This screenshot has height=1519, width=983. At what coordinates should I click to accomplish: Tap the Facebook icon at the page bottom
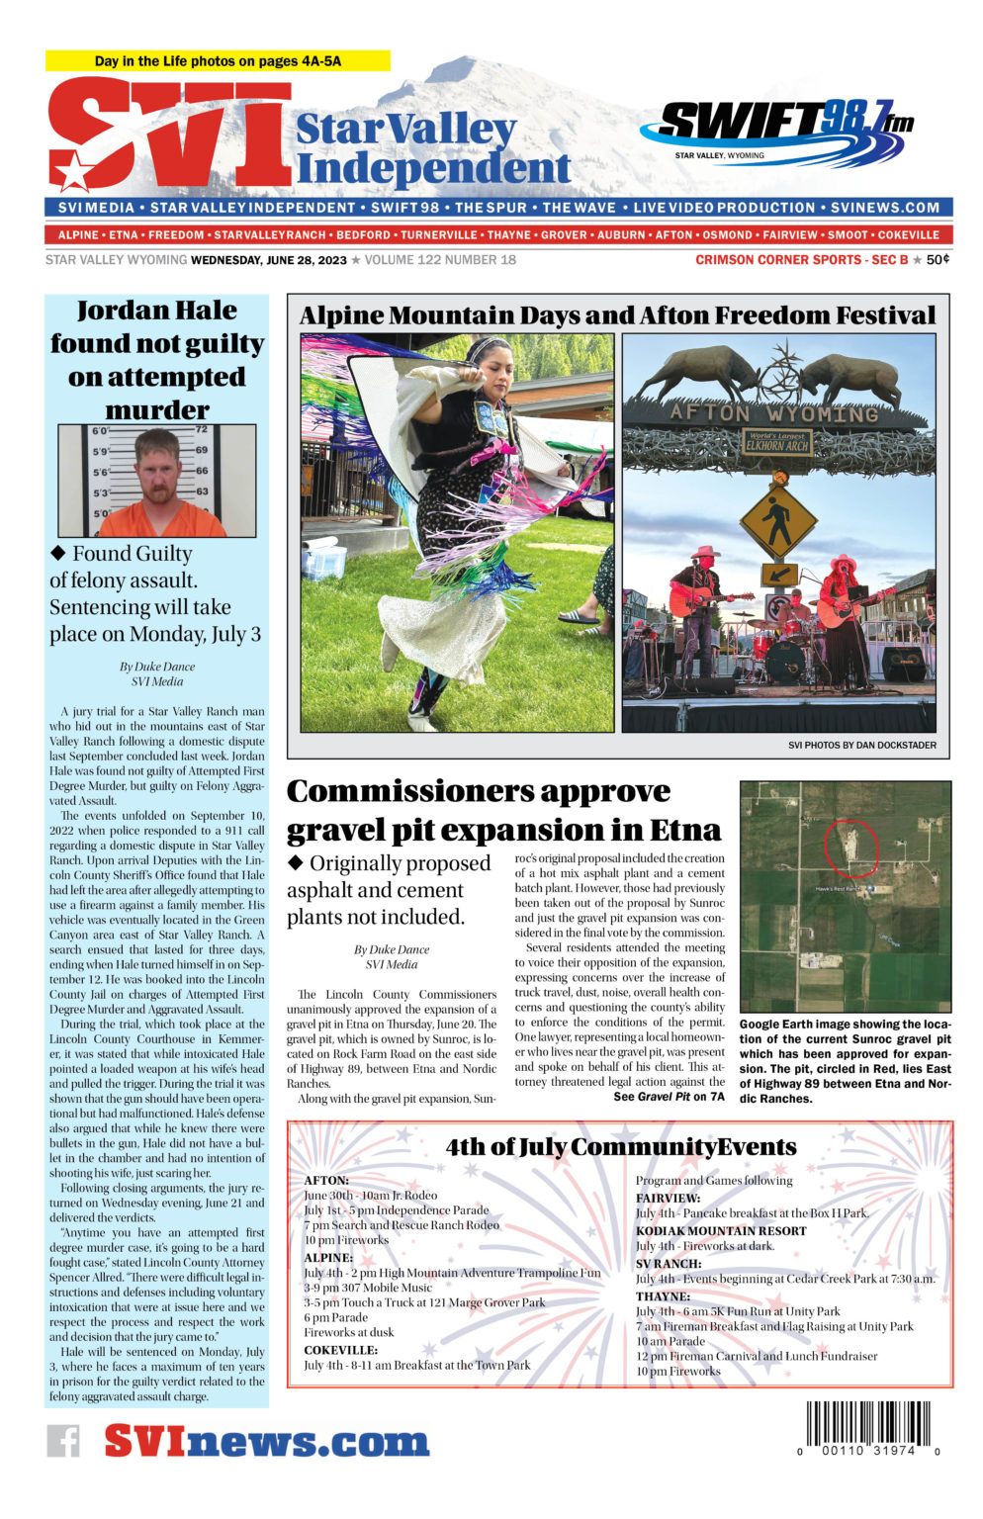click(63, 1440)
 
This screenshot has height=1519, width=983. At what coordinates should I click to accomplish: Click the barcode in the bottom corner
click(867, 1428)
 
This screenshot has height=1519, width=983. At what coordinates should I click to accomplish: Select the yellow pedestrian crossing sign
click(777, 520)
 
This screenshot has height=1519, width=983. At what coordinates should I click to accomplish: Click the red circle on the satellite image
click(850, 847)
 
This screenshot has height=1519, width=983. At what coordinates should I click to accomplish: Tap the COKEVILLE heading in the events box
click(340, 1350)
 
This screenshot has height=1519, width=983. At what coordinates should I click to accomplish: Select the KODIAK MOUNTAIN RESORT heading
click(721, 1231)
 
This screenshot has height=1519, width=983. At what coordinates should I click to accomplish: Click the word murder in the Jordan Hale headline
click(157, 410)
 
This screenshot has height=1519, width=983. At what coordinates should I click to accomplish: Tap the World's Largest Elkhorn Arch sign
click(776, 441)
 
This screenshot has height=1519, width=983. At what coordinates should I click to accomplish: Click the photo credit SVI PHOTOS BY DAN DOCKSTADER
click(861, 745)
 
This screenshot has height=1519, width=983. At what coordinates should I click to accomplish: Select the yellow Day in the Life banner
click(218, 61)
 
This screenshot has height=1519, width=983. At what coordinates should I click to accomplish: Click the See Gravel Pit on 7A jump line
click(669, 1097)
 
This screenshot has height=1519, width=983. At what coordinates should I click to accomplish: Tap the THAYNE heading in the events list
click(663, 1296)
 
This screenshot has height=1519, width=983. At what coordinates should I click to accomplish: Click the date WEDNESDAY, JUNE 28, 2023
click(269, 260)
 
